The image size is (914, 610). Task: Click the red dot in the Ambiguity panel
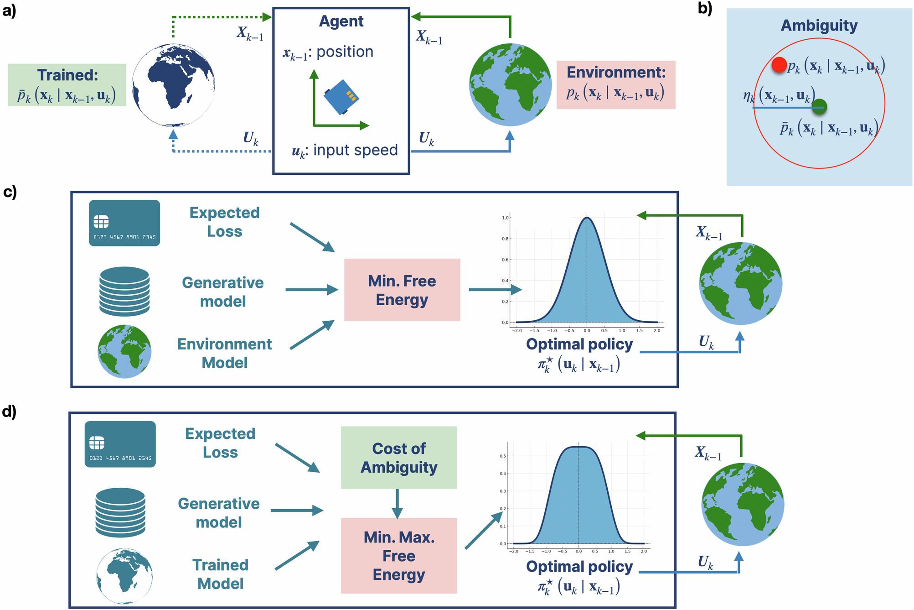coord(779,65)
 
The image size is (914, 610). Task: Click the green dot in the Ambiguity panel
coord(819,107)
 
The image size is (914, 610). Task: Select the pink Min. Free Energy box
coord(402,290)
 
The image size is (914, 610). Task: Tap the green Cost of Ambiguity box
coord(398,458)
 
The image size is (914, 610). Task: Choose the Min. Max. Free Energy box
coord(398,555)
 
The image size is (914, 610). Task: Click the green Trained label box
coord(67,85)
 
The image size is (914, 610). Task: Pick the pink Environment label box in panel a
coord(615,85)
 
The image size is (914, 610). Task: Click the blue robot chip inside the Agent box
coord(341,97)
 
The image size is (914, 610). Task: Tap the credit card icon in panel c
coord(124,223)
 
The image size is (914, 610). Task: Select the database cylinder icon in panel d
coord(120,512)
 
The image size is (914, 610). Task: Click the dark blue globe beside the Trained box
coord(173,85)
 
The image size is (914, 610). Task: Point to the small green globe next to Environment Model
coord(124,351)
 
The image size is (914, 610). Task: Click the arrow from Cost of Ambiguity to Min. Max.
coord(397,504)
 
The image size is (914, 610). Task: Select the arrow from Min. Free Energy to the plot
coord(495,290)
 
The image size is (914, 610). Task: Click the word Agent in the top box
coord(341,21)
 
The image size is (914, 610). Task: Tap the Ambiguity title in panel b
coord(819,26)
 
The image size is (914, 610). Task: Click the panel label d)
coord(9,412)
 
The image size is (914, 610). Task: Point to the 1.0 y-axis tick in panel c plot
coord(505,218)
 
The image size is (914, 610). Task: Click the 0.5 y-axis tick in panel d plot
coord(503,456)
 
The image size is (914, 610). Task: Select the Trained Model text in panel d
coord(221,574)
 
